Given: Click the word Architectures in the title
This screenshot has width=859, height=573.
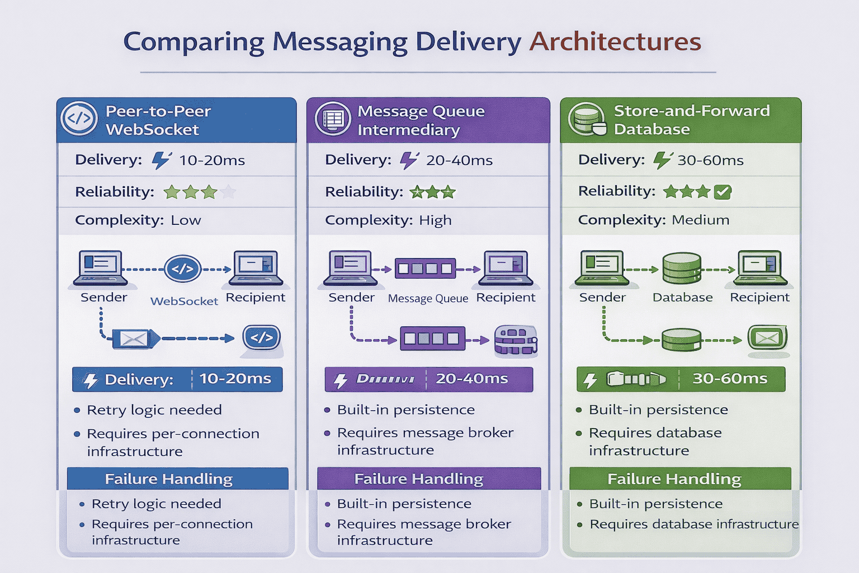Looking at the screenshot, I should coord(615,41).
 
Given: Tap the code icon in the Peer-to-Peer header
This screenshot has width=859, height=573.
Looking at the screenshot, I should coord(79,119).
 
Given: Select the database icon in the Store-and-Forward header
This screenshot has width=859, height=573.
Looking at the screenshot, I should coord(586,119).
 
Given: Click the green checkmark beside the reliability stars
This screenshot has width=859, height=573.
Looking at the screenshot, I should coord(723,192).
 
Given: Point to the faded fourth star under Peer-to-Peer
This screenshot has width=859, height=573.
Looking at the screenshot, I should coord(228,192).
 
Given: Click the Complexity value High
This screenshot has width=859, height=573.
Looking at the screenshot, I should coord(435,220).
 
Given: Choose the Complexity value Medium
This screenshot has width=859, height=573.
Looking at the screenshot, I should coord(700,220).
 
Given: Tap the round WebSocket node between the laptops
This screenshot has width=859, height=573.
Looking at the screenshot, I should coord(182,269).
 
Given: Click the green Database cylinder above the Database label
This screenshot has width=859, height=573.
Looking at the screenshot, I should coord(682,269).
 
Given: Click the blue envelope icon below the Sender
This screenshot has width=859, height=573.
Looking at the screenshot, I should coord(134,339).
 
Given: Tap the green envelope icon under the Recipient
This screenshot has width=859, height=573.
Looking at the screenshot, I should coord(767,337).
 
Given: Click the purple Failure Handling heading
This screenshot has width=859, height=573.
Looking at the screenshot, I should coord(418,479).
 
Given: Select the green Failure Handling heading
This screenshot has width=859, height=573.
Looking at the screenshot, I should coord(674,479).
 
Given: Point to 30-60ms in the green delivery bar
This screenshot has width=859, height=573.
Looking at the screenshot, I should coord(729,379).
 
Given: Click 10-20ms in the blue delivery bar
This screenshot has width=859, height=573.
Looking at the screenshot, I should coord(235,379).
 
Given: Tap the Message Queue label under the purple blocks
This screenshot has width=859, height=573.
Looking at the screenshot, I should coord(428,299).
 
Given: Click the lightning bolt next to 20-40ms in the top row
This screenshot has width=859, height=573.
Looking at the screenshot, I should coord(409,160).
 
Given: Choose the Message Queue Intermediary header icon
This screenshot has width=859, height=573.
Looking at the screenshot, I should coord(333,119).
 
